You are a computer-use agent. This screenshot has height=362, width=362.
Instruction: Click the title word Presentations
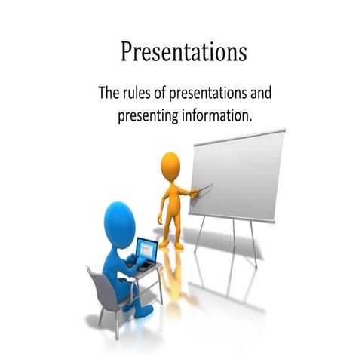tap(183, 53)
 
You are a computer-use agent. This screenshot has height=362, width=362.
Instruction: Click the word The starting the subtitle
tap(109, 95)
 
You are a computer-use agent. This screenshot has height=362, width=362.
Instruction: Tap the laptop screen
tap(147, 250)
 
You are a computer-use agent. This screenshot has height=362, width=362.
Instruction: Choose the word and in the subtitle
tap(259, 95)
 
